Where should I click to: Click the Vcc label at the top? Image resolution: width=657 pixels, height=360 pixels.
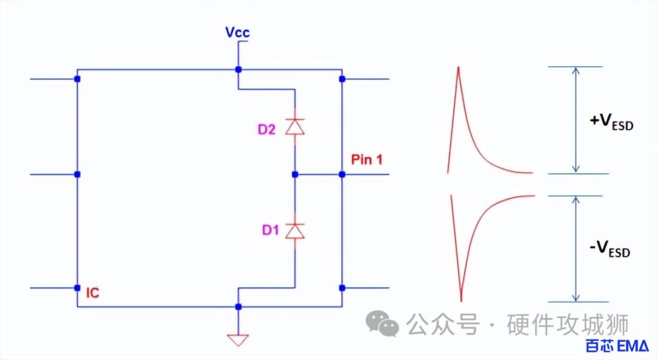tap(237, 32)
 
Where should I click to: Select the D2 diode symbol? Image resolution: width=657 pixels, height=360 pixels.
tap(295, 126)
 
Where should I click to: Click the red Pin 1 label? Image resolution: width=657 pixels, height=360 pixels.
tap(367, 160)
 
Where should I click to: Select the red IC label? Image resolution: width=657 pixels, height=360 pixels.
tap(92, 293)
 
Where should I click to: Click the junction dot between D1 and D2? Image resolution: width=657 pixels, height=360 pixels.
tap(295, 175)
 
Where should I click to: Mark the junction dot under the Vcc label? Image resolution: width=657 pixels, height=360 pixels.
tap(238, 70)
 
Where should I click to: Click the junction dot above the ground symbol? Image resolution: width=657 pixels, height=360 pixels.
tap(238, 306)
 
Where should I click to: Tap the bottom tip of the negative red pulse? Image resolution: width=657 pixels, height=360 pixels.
tap(461, 300)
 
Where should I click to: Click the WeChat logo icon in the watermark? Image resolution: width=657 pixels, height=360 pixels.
tap(381, 324)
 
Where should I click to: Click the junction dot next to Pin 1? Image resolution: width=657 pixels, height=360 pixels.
tap(342, 175)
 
